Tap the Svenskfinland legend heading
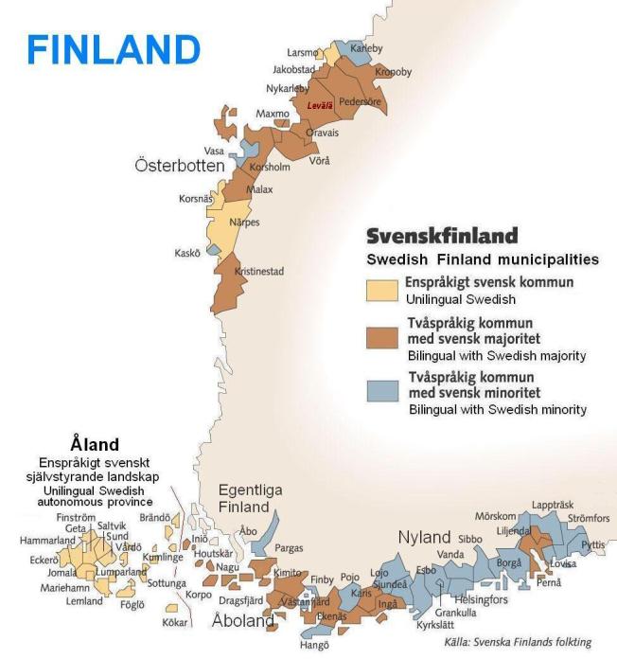[x=442, y=236]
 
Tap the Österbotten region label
[x=179, y=166]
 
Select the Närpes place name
[x=244, y=223]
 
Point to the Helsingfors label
[x=481, y=599]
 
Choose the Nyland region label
[x=424, y=538]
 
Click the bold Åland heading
[x=95, y=443]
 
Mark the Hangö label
[x=315, y=646]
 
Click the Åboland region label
[x=242, y=622]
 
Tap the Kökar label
[x=175, y=623]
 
